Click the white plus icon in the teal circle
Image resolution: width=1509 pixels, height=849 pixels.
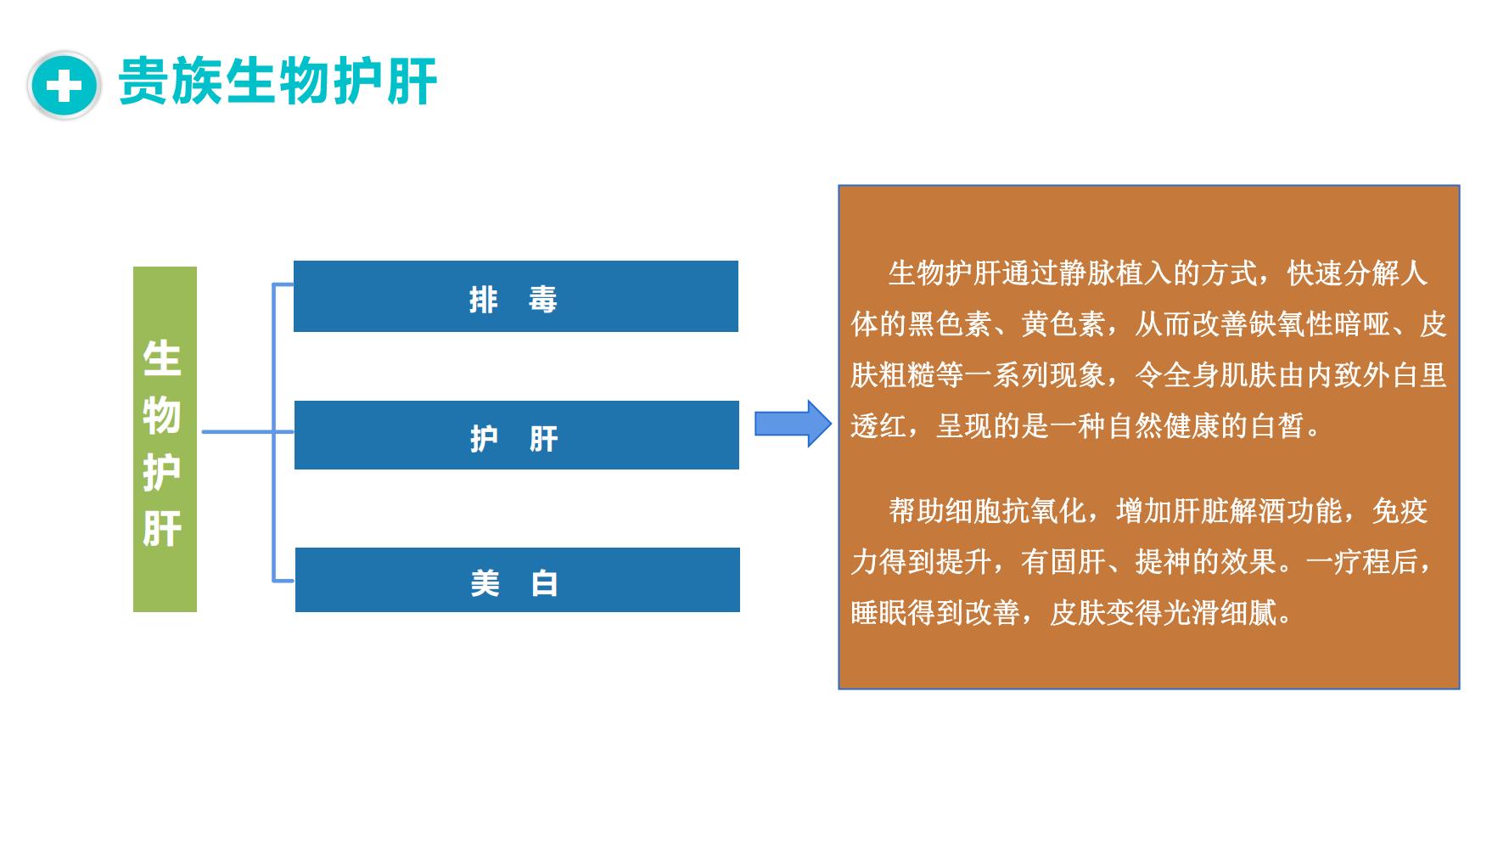(x=65, y=86)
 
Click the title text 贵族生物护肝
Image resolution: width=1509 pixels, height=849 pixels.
(x=278, y=82)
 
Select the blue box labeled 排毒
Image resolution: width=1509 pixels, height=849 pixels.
(x=516, y=296)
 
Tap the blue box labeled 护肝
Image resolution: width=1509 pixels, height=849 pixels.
(x=517, y=435)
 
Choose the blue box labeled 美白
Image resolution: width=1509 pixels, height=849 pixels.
(x=518, y=580)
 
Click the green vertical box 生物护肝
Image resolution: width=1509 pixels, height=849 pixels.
(x=165, y=439)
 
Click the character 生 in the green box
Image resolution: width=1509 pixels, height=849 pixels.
(x=162, y=359)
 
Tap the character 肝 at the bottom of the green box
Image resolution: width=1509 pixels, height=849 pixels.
(x=162, y=528)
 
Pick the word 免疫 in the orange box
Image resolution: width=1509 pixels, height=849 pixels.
(x=1400, y=511)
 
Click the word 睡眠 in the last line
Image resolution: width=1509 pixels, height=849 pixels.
(x=878, y=613)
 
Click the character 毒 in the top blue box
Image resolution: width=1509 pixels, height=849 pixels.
(x=543, y=300)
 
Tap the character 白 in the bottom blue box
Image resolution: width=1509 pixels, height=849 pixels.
(x=544, y=583)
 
